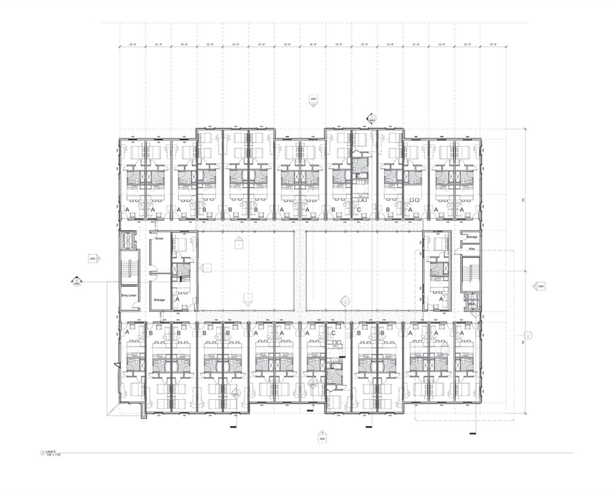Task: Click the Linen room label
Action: [x=159, y=239]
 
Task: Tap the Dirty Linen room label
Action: [x=129, y=295]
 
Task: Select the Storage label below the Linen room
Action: [x=159, y=300]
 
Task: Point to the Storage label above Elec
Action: [x=472, y=237]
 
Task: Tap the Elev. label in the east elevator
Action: [x=471, y=304]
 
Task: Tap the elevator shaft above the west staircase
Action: [x=127, y=240]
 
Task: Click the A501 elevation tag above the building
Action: [x=313, y=99]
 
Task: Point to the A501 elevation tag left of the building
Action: [x=93, y=258]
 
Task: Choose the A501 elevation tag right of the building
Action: [x=541, y=286]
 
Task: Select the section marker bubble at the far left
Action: [x=76, y=280]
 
